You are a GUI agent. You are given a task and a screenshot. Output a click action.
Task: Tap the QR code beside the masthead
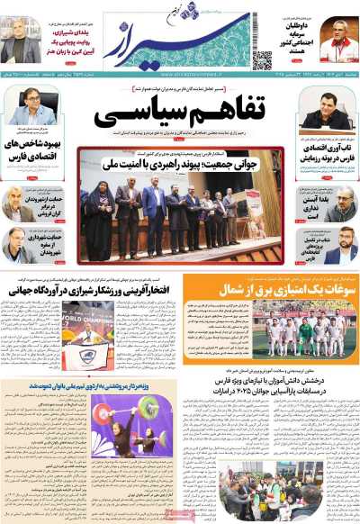tap(262, 60)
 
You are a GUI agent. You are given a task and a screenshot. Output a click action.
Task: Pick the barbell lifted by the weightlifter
tap(130, 417)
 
